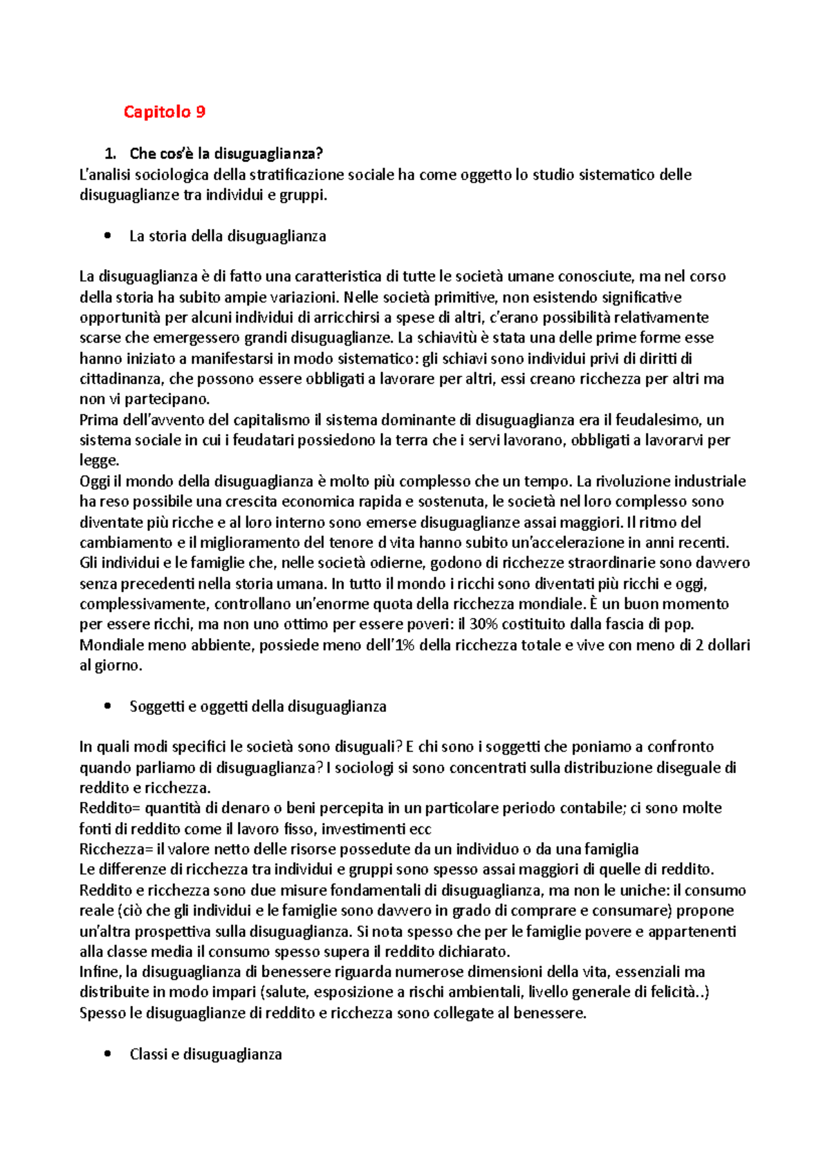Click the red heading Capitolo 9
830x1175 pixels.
[x=165, y=112]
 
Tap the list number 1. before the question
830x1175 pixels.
[x=108, y=154]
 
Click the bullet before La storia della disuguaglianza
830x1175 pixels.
[x=107, y=236]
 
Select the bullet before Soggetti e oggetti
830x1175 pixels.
[x=107, y=707]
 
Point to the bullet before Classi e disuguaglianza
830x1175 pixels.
[x=107, y=1054]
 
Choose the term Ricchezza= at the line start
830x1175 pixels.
[x=116, y=849]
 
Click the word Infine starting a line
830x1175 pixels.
[x=100, y=972]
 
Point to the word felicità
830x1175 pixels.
[x=674, y=992]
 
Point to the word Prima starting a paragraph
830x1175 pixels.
[x=99, y=419]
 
